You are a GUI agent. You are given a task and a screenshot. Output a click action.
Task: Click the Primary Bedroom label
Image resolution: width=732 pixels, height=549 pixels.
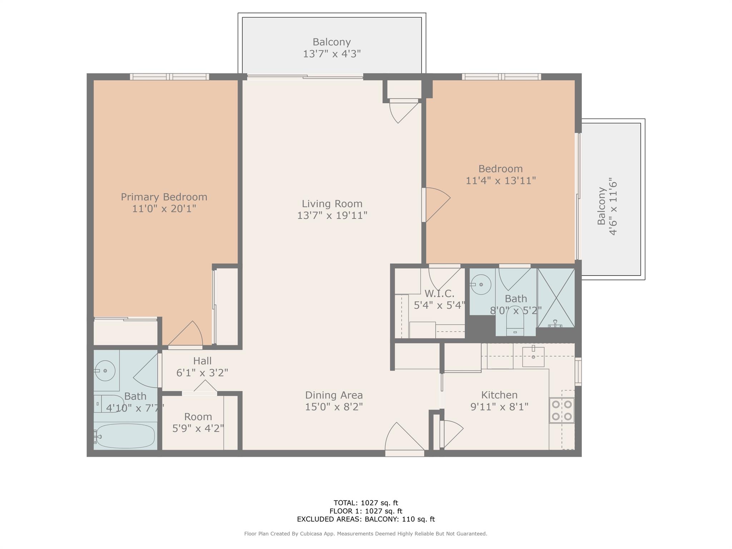click(164, 197)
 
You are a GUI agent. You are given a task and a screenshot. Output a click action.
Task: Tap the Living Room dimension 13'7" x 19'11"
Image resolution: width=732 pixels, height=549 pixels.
click(332, 216)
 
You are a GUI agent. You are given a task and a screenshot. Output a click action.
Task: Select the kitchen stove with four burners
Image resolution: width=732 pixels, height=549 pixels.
click(562, 410)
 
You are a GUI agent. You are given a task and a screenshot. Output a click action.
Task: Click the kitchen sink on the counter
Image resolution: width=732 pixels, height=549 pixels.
click(533, 357)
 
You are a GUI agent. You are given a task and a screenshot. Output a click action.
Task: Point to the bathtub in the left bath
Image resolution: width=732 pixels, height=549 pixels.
click(125, 436)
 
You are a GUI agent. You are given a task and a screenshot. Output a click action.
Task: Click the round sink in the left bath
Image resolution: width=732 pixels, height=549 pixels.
click(105, 371)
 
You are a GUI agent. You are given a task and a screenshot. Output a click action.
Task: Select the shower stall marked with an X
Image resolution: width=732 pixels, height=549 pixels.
click(556, 298)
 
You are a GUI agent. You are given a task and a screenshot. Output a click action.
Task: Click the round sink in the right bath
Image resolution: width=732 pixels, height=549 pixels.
click(481, 285)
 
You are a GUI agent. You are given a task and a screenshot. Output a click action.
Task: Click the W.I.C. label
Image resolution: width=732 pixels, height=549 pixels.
click(439, 294)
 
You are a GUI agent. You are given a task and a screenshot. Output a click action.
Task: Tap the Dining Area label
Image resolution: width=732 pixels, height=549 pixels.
click(333, 395)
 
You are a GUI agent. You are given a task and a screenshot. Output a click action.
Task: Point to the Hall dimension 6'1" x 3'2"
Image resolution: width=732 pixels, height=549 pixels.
click(202, 373)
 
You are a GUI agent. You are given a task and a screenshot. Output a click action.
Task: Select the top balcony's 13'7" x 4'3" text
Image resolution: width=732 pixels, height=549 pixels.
click(332, 54)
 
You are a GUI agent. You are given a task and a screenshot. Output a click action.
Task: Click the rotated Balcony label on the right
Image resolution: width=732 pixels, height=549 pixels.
click(602, 206)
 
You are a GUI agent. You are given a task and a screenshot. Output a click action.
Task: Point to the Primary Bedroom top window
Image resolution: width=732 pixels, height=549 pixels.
click(169, 76)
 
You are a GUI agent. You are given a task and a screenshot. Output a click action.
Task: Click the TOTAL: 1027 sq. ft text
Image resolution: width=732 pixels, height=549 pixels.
click(366, 503)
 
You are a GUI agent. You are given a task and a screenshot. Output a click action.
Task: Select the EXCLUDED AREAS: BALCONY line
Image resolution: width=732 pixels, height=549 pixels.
click(366, 519)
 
